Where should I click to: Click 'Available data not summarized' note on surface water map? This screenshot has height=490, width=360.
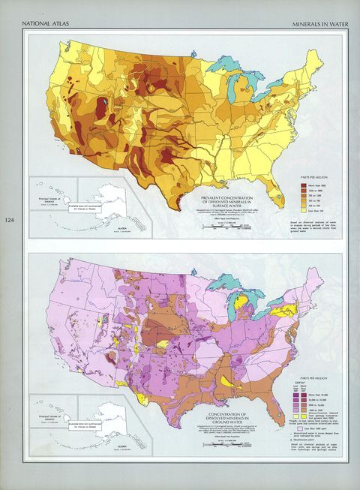pos(85,209)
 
